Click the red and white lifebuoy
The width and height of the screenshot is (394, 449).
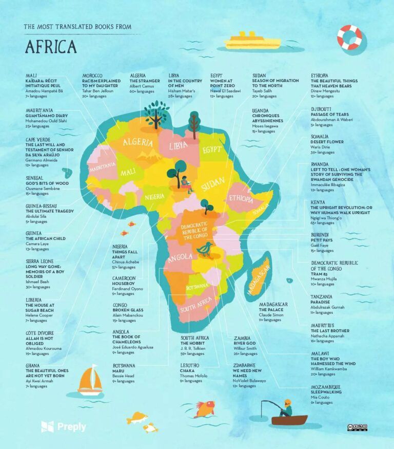pos(349,37)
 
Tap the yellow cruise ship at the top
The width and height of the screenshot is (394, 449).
pos(252,41)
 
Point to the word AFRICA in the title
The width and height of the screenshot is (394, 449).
pos(51,47)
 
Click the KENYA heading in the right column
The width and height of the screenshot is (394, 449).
pos(318,202)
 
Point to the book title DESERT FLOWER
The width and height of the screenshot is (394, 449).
pos(327,142)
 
